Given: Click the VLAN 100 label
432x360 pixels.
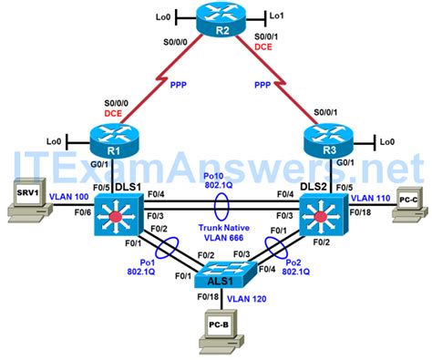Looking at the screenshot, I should point(67,196).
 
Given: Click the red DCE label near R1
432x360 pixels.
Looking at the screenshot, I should point(113,111).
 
